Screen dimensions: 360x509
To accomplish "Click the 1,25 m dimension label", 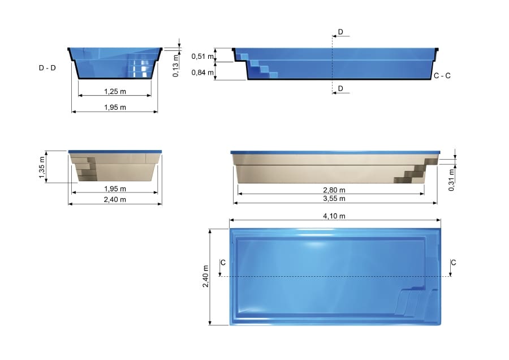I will click(115, 91).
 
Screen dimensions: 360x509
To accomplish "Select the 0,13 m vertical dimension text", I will click(176, 65).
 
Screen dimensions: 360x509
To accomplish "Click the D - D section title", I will click(48, 67).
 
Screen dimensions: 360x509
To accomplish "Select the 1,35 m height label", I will click(42, 167).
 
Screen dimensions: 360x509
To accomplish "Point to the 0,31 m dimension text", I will click(451, 180).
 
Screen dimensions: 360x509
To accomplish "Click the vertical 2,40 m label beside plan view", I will click(206, 277).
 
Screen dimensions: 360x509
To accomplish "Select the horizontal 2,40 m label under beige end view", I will click(115, 199).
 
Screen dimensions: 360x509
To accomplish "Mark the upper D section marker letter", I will click(340, 31).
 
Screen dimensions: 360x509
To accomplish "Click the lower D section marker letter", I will click(340, 88).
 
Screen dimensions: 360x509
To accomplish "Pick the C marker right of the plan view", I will click(454, 262).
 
